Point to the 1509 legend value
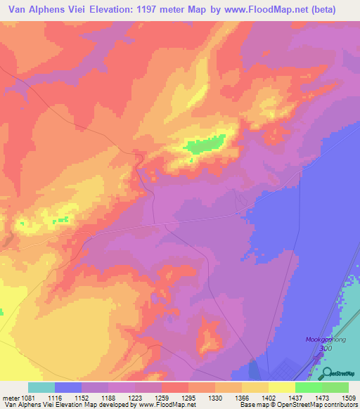coord(349,398)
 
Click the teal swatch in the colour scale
coord(41,387)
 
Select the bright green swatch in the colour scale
coord(308,387)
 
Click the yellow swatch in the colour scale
coord(281,387)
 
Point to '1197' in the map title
coord(153,10)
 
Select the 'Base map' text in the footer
coord(252,405)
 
